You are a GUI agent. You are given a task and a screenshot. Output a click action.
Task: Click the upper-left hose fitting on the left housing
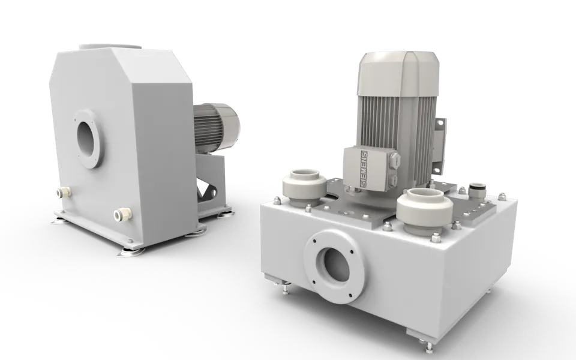pos(62,194)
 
